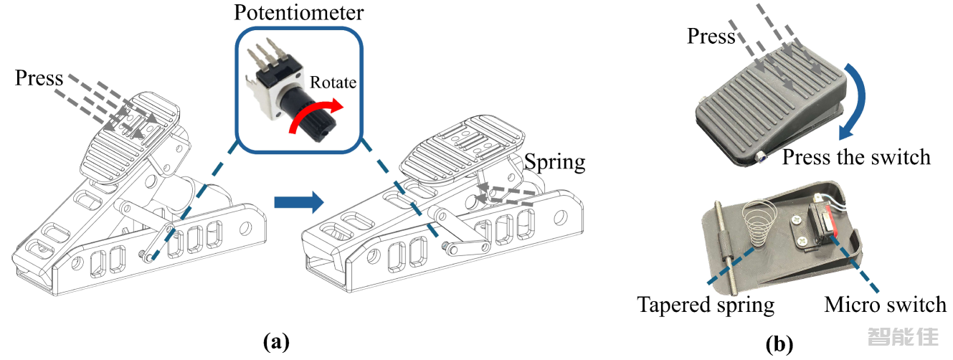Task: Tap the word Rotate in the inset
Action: point(333,82)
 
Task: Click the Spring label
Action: point(555,162)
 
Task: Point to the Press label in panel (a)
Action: point(39,77)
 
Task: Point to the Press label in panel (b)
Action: point(711,36)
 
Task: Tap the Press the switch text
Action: point(856,156)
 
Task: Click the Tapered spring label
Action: point(706,305)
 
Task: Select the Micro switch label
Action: point(885,305)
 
